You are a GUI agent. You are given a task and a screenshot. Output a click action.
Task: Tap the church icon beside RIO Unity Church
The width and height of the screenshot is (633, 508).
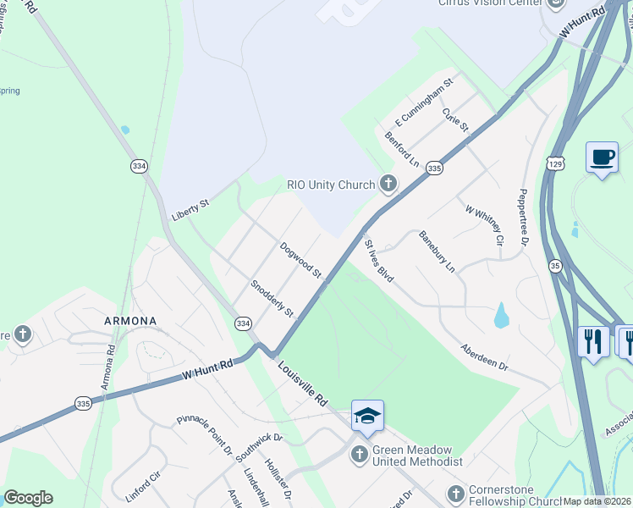tap(388, 184)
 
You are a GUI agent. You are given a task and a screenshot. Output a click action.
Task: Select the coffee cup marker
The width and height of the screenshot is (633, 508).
tap(602, 157)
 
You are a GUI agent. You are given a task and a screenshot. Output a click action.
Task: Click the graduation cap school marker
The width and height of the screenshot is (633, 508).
tap(367, 416)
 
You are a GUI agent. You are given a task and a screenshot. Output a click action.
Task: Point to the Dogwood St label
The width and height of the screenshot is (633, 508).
tap(301, 260)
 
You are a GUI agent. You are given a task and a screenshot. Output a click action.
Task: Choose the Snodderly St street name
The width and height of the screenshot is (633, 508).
tap(272, 299)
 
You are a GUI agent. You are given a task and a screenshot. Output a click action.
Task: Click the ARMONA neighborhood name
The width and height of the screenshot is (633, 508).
tap(129, 321)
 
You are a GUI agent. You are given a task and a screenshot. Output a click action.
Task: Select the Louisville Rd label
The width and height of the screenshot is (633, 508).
tap(302, 385)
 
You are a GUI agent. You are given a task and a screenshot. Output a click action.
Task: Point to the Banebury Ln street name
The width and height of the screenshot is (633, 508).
tap(438, 251)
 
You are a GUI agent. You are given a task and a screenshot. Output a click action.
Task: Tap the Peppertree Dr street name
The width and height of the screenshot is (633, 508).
tap(524, 218)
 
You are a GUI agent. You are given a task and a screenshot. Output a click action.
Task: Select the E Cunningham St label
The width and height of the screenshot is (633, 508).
tap(430, 102)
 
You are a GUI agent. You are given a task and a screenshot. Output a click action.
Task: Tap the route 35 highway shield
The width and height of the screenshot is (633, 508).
tap(555, 266)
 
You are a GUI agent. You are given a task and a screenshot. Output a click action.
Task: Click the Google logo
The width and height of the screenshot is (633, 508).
tap(28, 498)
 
